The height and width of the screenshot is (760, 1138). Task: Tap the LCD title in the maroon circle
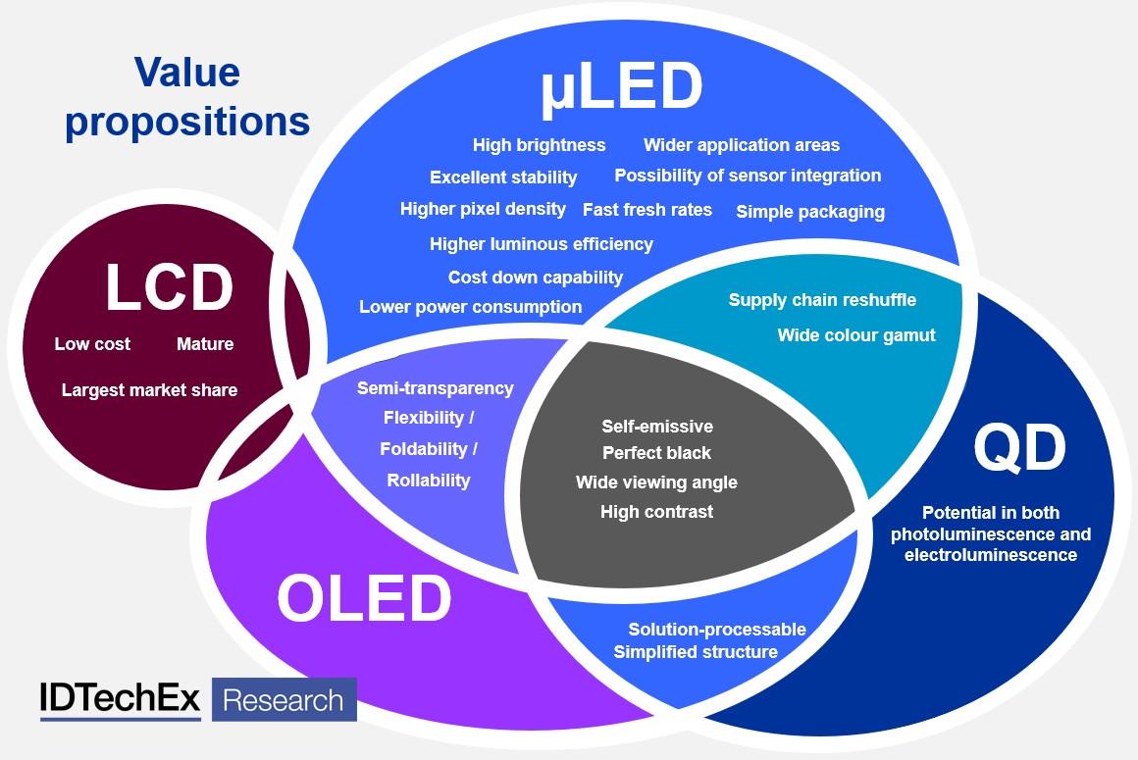click(x=169, y=287)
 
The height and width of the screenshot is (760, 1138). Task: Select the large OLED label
click(x=364, y=598)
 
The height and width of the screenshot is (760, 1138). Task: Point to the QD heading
click(x=1019, y=448)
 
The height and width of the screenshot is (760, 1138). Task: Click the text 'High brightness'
click(x=539, y=145)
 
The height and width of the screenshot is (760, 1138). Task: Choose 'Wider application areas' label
click(x=741, y=145)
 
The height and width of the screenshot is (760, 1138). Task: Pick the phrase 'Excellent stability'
click(x=503, y=177)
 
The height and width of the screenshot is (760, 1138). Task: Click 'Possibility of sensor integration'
click(x=748, y=176)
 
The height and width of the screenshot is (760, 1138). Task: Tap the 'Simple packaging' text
click(x=810, y=211)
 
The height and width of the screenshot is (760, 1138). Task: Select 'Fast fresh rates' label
click(x=647, y=210)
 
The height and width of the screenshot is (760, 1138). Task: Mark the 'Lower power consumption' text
click(x=470, y=307)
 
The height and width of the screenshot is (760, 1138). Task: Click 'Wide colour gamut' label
click(x=856, y=335)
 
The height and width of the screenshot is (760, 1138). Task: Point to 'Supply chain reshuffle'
click(x=822, y=300)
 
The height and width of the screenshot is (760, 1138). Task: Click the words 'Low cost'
click(x=92, y=344)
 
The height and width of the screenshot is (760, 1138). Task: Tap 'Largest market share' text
click(x=149, y=390)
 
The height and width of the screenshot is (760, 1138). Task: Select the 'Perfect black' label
click(x=656, y=453)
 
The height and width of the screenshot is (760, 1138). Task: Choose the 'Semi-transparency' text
click(x=435, y=388)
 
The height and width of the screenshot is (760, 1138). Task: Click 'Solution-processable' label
click(x=717, y=630)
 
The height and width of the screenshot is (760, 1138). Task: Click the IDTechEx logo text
click(x=120, y=699)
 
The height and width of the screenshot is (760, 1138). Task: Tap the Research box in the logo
click(x=284, y=700)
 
